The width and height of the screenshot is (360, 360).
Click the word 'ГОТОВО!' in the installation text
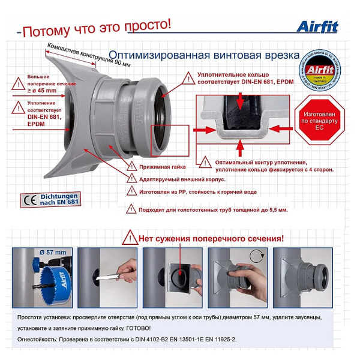point(138,328)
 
